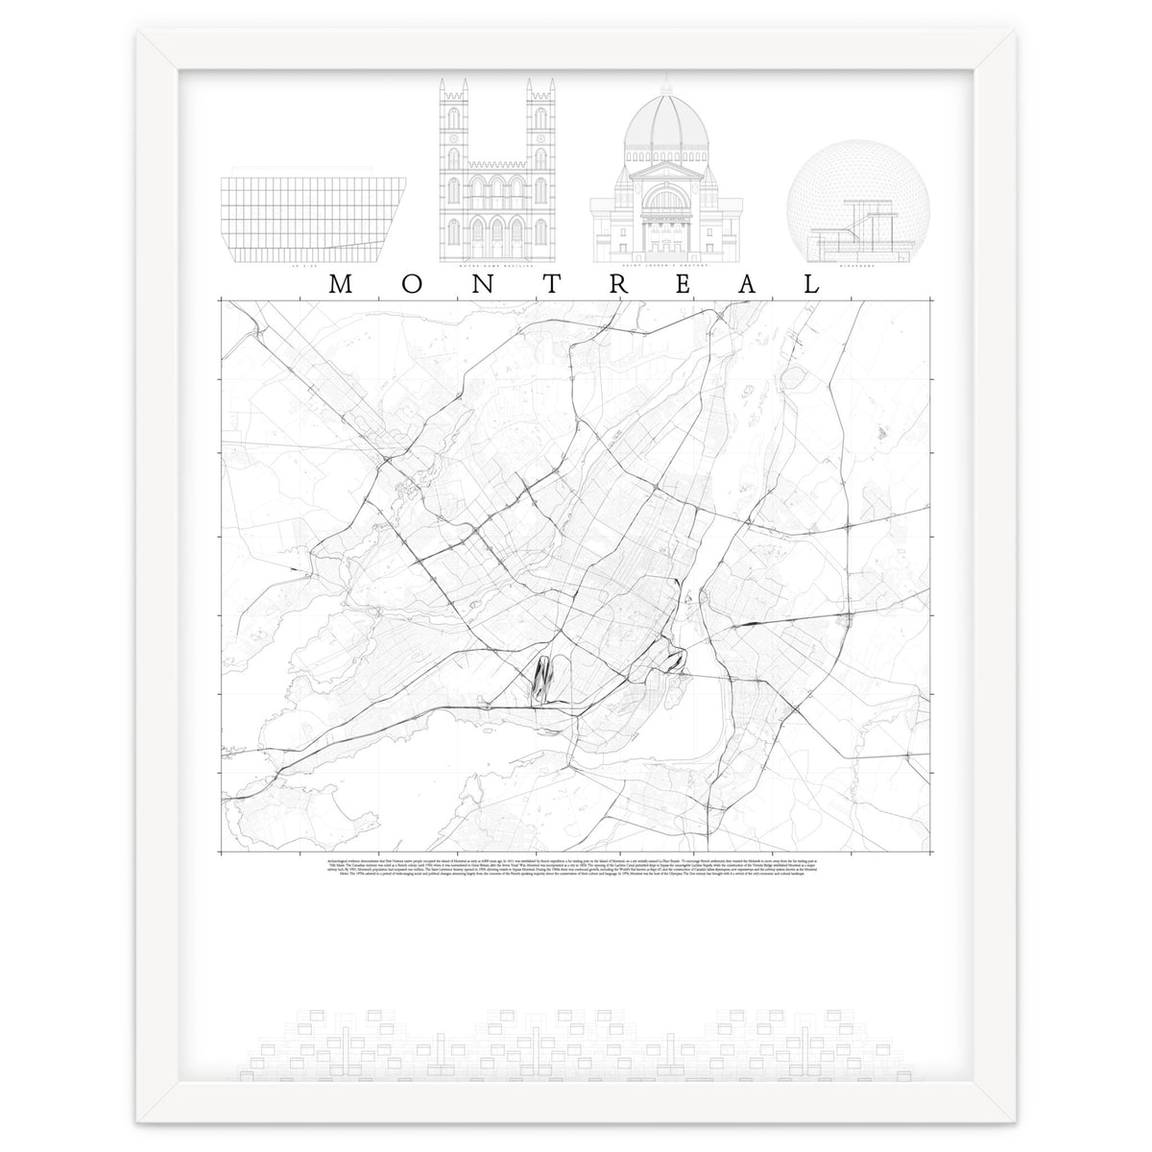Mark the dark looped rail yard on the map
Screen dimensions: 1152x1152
(x=544, y=678)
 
